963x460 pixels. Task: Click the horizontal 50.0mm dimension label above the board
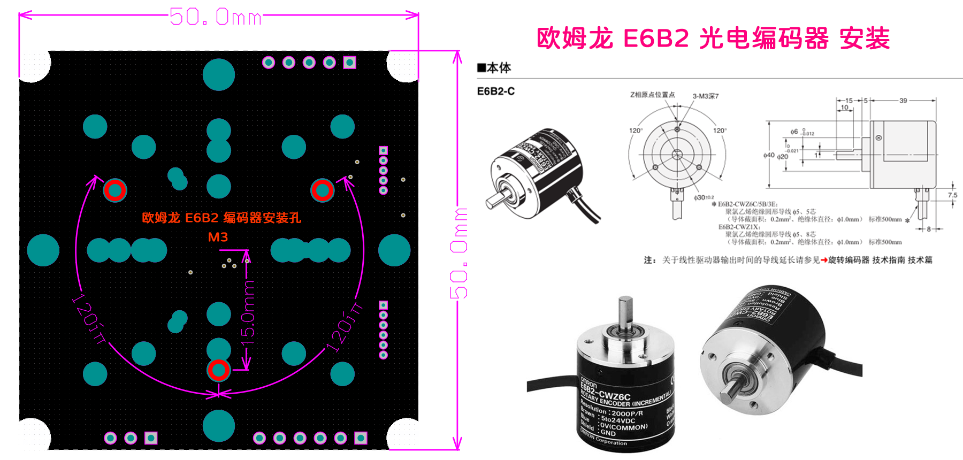click(x=216, y=17)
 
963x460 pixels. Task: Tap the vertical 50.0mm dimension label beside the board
click(x=458, y=252)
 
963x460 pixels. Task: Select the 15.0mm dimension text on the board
click(x=248, y=310)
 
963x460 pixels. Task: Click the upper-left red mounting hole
click(x=114, y=190)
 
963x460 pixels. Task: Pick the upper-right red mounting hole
click(x=322, y=190)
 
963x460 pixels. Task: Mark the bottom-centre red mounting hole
click(x=218, y=370)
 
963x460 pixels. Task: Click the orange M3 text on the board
click(x=218, y=237)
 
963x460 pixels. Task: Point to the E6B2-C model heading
click(x=495, y=91)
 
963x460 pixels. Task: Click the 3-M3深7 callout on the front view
click(x=706, y=96)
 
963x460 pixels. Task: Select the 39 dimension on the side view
click(x=903, y=101)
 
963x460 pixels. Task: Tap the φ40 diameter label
click(x=768, y=155)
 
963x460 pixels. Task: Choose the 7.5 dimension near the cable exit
click(x=952, y=195)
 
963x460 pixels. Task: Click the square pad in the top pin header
click(x=350, y=63)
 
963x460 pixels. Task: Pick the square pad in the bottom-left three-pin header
click(x=151, y=439)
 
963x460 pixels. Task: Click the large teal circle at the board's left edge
click(x=43, y=250)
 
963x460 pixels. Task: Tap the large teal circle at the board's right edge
click(x=394, y=250)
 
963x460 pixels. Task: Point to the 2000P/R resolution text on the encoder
click(x=627, y=413)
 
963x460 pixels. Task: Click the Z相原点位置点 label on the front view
click(x=652, y=95)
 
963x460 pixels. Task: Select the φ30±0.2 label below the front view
click(x=704, y=198)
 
